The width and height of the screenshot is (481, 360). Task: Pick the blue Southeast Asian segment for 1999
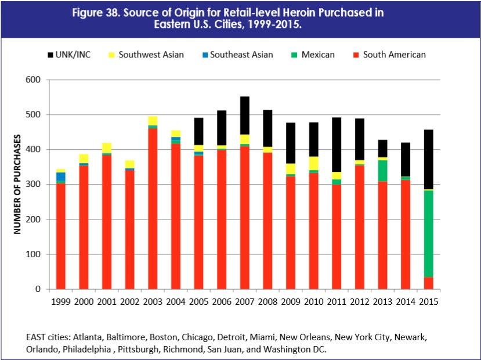click(61, 177)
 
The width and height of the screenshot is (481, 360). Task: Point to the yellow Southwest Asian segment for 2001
click(107, 147)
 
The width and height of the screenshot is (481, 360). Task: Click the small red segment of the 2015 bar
click(428, 283)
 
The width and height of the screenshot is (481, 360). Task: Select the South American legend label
click(394, 55)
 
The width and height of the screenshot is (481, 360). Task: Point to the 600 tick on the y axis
click(34, 80)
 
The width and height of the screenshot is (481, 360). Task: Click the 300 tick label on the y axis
click(34, 185)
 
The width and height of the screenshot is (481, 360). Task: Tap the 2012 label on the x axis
click(359, 302)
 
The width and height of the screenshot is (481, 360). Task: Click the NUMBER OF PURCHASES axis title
click(17, 184)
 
